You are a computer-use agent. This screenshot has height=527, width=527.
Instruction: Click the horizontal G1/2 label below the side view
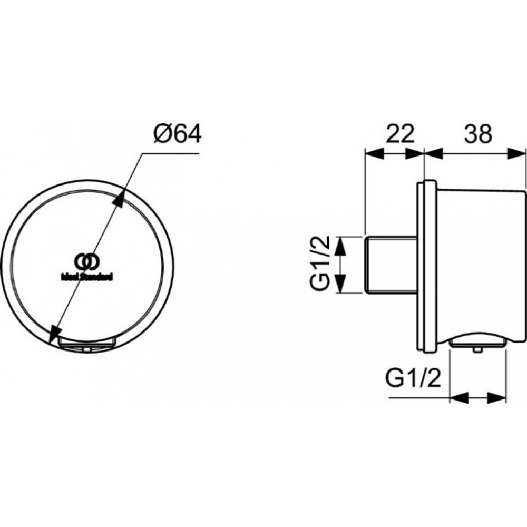(413, 378)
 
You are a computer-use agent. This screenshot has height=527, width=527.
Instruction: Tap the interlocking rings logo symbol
(86, 261)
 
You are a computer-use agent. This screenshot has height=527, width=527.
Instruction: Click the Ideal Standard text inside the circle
(87, 275)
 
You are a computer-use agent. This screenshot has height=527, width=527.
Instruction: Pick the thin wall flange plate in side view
(421, 266)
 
